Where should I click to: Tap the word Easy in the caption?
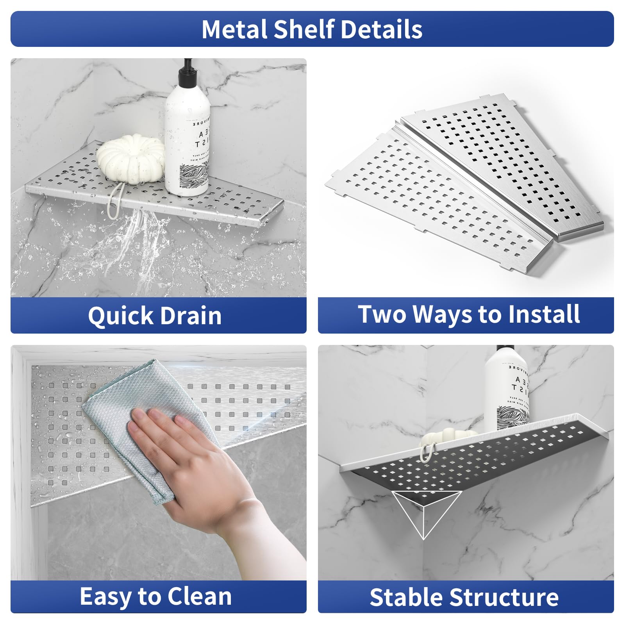tap(105, 597)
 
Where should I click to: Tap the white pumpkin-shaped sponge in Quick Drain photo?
tap(130, 158)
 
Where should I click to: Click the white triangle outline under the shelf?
tap(426, 512)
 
